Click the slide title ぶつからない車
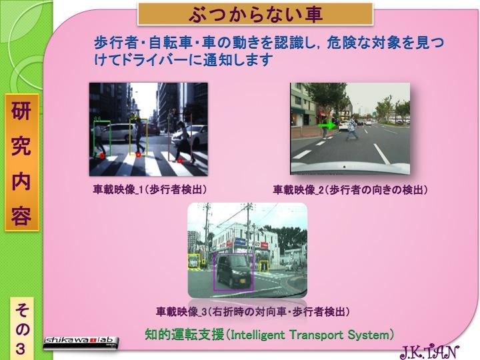[255, 15]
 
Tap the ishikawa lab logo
[81, 343]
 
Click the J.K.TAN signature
[430, 352]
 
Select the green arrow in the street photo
[327, 125]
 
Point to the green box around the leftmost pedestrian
[94, 139]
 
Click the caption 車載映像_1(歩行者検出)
[150, 190]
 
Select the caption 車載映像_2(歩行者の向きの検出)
[350, 190]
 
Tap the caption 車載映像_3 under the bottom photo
[253, 312]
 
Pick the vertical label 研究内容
[21, 163]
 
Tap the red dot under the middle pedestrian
[139, 155]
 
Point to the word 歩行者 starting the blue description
[116, 43]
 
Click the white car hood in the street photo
[350, 168]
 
